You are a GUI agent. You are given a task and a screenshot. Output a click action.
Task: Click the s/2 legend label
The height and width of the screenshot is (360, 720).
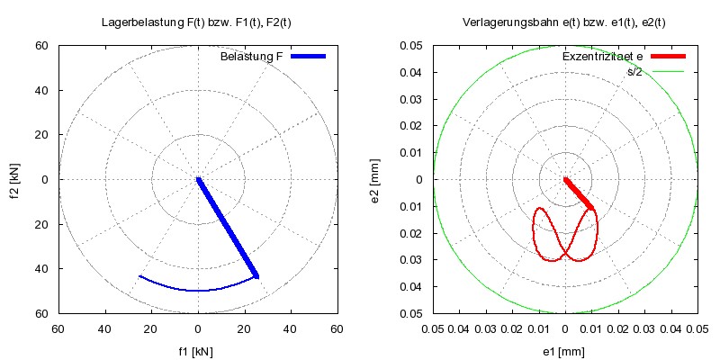pyautogui.click(x=634, y=70)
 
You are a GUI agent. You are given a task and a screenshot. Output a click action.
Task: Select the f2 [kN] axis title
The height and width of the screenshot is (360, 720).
pyautogui.click(x=16, y=179)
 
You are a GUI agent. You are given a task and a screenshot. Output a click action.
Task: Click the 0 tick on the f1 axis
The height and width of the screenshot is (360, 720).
pyautogui.click(x=197, y=330)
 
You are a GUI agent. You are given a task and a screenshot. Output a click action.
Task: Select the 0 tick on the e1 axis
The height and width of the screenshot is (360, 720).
pyautogui.click(x=565, y=330)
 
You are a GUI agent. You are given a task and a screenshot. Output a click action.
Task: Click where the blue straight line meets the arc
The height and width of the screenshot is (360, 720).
pyautogui.click(x=256, y=275)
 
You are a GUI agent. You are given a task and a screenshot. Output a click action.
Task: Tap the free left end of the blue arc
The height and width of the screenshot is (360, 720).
pyautogui.click(x=139, y=276)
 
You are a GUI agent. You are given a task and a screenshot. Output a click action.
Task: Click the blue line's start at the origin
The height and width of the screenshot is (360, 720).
pyautogui.click(x=198, y=179)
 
